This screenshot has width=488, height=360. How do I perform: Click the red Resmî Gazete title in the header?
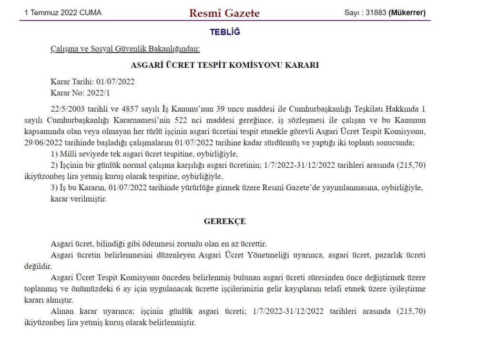click(224, 13)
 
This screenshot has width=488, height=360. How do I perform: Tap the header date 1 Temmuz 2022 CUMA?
click(63, 13)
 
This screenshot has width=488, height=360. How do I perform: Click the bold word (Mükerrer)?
click(407, 13)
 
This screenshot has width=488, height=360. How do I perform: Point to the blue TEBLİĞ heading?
click(225, 32)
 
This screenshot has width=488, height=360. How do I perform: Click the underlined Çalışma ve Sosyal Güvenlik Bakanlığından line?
click(125, 49)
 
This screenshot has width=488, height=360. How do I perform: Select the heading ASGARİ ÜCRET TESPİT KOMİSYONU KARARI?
click(224, 65)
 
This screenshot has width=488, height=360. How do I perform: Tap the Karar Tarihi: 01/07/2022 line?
click(92, 82)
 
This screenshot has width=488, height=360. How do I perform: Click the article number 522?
click(205, 120)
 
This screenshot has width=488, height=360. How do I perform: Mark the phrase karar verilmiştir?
click(79, 199)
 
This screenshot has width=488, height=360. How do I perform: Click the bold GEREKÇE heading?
click(224, 221)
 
